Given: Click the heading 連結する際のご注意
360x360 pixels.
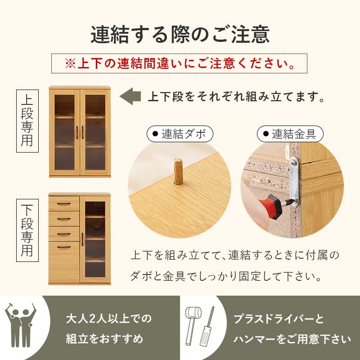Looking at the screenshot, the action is (180, 35).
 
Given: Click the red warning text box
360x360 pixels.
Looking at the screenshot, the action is (179, 63).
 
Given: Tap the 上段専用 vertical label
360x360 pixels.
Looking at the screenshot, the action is (27, 121).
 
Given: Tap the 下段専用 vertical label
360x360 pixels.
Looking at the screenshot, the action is (27, 230).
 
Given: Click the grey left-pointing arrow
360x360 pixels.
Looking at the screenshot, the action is (130, 96).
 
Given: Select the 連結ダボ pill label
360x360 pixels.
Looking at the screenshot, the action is (180, 134).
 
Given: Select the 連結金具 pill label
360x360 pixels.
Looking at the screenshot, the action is (290, 134).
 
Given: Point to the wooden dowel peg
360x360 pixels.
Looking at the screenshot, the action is (178, 171).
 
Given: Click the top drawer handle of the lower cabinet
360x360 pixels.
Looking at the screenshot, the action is (64, 204).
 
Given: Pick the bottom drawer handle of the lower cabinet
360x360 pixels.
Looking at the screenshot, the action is (64, 247).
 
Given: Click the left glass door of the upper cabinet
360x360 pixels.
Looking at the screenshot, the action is (64, 132).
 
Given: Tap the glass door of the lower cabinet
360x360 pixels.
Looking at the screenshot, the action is (95, 239).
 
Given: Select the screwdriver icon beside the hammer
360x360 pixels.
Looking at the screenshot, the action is (207, 326).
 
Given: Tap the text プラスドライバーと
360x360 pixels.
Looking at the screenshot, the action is (279, 319).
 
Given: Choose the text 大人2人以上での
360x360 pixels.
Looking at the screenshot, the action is (108, 319).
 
